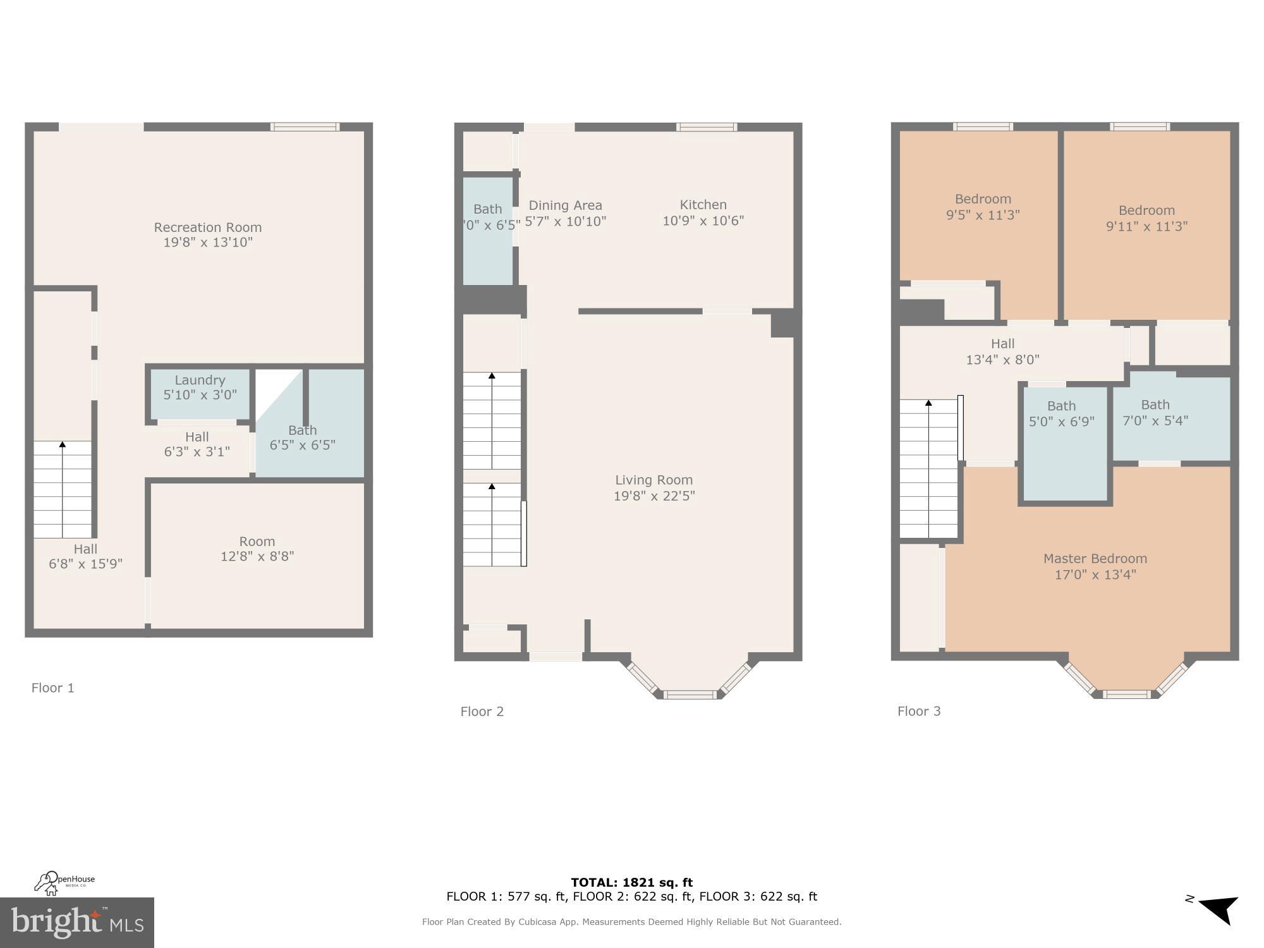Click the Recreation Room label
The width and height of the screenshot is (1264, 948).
tap(208, 228)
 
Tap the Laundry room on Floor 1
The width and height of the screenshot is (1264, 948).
tap(200, 387)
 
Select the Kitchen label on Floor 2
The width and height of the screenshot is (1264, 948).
tap(703, 205)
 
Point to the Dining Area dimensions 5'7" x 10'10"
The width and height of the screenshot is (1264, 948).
tap(565, 222)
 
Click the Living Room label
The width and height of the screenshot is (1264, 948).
tap(653, 480)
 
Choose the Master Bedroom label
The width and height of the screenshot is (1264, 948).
tap(1095, 559)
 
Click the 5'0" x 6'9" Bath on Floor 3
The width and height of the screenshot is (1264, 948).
tap(1061, 415)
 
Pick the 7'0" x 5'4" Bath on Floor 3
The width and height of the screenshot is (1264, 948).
tap(1155, 413)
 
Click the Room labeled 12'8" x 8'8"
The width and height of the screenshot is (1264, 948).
tap(257, 549)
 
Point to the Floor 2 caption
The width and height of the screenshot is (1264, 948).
tap(482, 712)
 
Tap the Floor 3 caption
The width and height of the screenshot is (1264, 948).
tap(918, 712)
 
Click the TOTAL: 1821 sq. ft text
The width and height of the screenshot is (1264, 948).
tap(631, 882)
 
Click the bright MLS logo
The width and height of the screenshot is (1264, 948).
tap(76, 922)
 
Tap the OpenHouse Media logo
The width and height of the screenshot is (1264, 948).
tap(64, 883)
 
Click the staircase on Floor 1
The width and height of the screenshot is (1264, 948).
tap(63, 490)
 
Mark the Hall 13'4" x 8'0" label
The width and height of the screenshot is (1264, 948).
tap(1002, 351)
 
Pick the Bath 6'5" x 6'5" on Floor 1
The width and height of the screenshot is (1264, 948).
tap(302, 437)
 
